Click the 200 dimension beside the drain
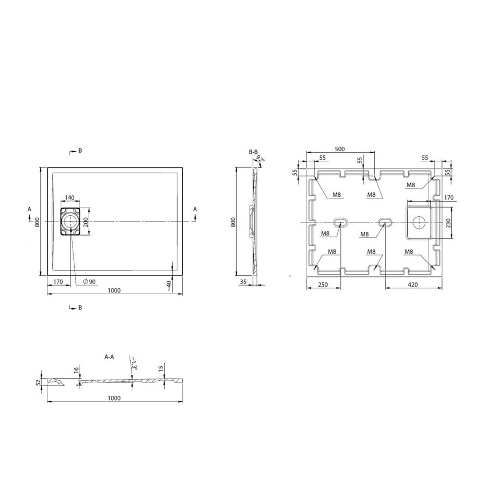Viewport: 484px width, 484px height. (x=85, y=222)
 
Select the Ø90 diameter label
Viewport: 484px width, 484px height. (x=89, y=281)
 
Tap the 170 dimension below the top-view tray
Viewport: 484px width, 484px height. (x=59, y=281)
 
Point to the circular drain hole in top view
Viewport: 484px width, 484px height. (x=70, y=221)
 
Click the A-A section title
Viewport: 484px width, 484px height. (x=109, y=356)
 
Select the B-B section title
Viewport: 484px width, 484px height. (x=253, y=153)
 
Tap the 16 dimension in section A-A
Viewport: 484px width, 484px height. (x=77, y=369)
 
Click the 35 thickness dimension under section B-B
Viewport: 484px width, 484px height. (x=243, y=281)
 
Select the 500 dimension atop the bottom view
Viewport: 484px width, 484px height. (x=340, y=148)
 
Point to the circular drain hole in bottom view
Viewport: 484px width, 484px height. (x=419, y=221)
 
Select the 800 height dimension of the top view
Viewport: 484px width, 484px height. (x=38, y=222)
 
